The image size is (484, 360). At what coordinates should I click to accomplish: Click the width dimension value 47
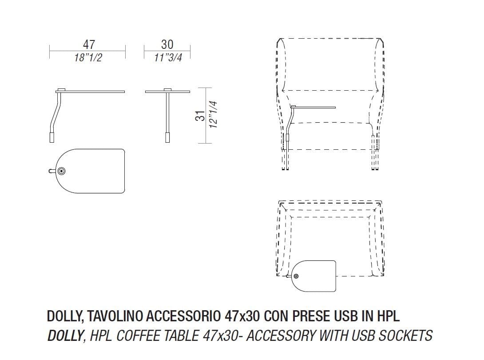click(89, 44)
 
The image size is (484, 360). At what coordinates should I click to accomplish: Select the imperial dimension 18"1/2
click(88, 58)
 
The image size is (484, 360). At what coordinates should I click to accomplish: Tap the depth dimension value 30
click(167, 44)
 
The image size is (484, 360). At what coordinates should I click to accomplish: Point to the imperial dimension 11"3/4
click(167, 58)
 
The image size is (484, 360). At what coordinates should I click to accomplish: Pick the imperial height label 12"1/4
click(214, 115)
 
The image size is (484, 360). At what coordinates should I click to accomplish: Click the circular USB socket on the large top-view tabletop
click(62, 171)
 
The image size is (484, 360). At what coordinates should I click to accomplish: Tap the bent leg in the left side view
click(56, 113)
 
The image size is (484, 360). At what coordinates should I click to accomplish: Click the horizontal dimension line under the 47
click(87, 52)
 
